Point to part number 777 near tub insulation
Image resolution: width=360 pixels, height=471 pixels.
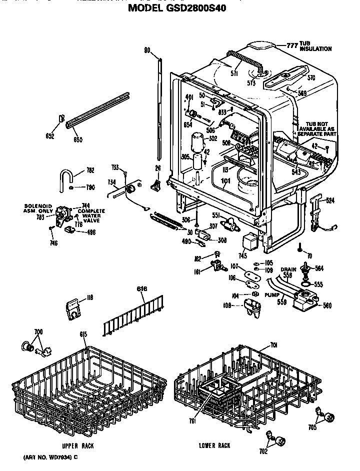pyautogui.click(x=292, y=45)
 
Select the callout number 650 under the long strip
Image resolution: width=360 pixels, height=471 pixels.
pyautogui.click(x=78, y=140)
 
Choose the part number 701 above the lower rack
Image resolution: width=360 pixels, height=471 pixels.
pyautogui.click(x=273, y=344)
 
